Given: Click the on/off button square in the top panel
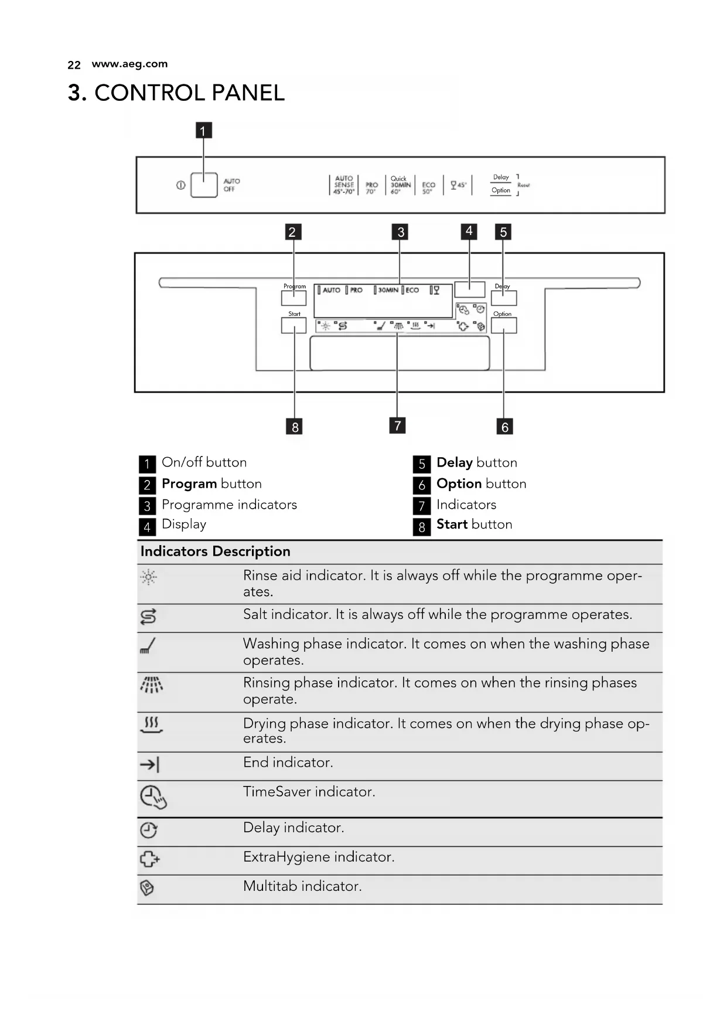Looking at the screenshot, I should click(204, 185).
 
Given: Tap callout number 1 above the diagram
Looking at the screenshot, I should click(203, 130).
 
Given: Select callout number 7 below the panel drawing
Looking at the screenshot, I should click(397, 425).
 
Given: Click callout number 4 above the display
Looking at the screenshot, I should click(469, 231).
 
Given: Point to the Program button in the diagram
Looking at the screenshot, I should click(293, 298).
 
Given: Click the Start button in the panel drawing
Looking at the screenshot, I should click(293, 325).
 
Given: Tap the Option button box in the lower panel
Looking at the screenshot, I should click(504, 325).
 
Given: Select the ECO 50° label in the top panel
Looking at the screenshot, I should click(429, 187).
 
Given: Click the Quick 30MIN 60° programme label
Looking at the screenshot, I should click(400, 185).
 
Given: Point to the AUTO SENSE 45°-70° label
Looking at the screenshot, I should click(344, 185).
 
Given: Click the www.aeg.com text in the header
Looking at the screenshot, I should click(129, 64).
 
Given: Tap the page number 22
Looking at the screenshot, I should click(74, 64).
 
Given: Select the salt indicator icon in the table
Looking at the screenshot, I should click(148, 617).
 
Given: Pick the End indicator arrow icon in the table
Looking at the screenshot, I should click(149, 764).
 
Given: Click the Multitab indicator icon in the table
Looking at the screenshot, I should click(147, 889).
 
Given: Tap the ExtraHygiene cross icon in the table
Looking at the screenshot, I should click(149, 859).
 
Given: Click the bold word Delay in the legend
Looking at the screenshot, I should click(455, 462).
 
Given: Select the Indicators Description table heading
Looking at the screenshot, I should click(215, 552).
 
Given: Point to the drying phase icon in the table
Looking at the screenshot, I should click(152, 724).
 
